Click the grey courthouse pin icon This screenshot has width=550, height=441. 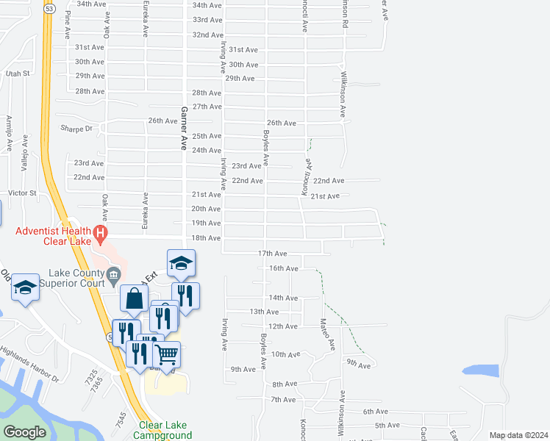click(113, 276)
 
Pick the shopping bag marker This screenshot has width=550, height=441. click(133, 300)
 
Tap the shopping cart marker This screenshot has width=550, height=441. click(167, 356)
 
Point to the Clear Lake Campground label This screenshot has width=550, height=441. click(163, 430)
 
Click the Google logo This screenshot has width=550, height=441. click(24, 431)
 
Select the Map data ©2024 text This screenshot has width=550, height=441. click(518, 435)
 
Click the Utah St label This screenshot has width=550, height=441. click(17, 73)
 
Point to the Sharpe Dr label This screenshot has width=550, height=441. click(78, 128)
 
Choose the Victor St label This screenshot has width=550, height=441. click(22, 193)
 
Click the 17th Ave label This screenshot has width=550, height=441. click(271, 253)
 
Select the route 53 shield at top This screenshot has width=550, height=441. click(49, 10)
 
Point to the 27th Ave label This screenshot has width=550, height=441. click(207, 107)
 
